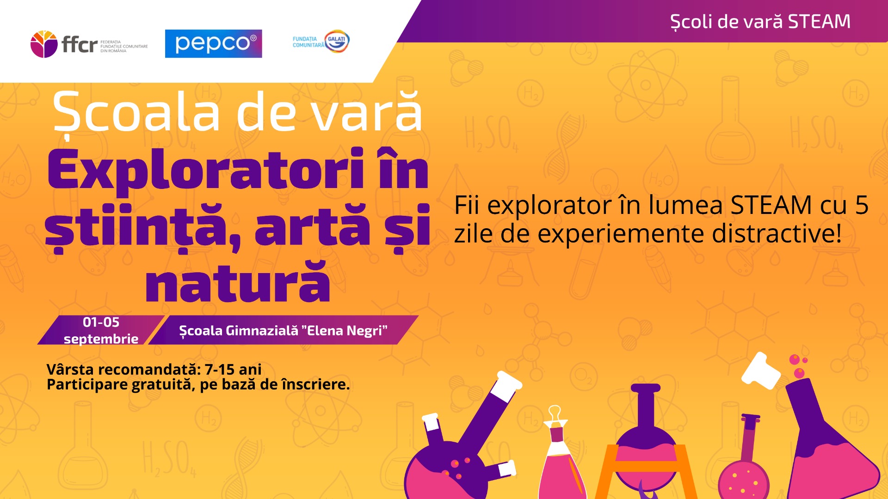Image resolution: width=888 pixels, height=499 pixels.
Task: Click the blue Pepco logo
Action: click(213, 43)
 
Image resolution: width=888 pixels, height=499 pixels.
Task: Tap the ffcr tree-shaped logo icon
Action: click(44, 44)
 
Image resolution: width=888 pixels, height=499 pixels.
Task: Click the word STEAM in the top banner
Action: click(819, 22)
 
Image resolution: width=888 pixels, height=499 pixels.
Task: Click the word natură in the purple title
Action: click(238, 282)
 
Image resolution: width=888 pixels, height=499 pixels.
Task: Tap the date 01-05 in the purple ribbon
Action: click(101, 322)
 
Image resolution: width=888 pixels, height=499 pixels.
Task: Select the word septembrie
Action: click(101, 339)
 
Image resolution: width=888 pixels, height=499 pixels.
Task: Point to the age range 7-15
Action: click(220, 370)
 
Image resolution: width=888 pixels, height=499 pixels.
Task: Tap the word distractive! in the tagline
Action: click(777, 233)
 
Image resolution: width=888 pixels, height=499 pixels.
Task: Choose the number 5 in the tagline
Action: click(862, 205)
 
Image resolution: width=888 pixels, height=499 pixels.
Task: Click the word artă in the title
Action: click(312, 227)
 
